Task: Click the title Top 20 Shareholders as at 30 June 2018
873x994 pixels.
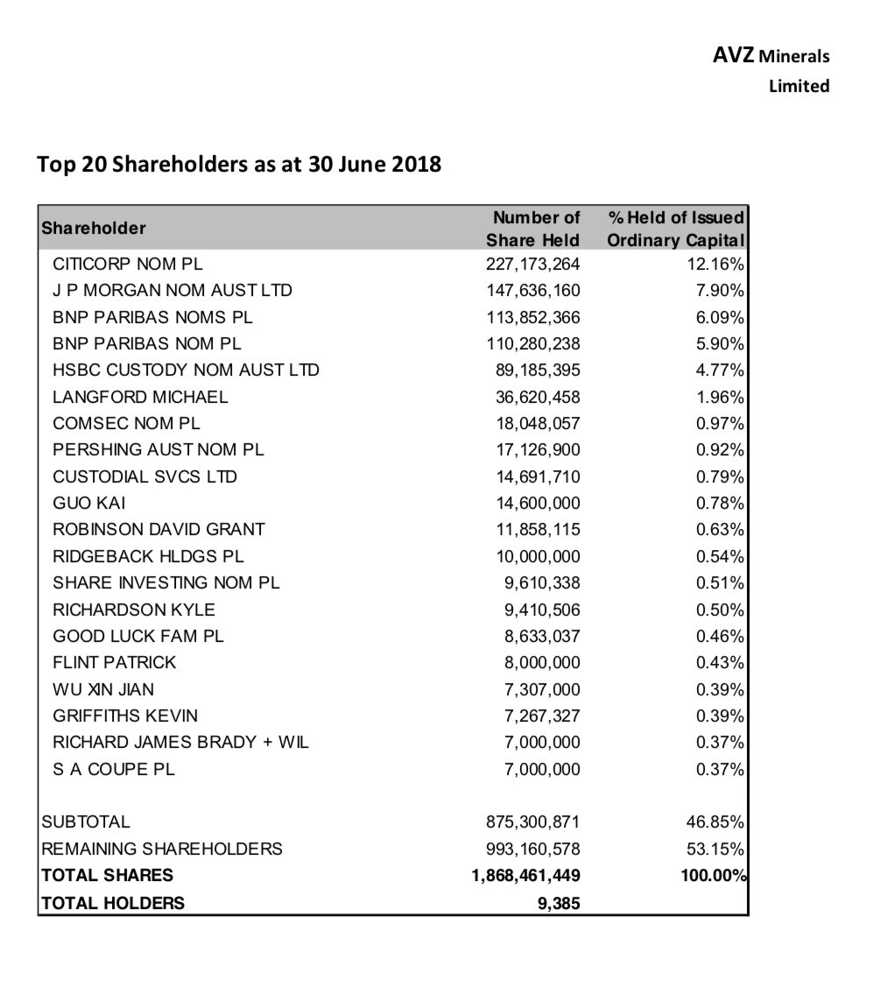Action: tap(239, 165)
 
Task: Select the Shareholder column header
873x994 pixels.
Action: tap(94, 228)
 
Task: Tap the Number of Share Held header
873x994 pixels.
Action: tap(534, 229)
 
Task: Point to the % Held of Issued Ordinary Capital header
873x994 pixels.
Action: tap(675, 229)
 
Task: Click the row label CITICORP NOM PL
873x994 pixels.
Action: tap(128, 263)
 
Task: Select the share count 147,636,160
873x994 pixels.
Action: tap(533, 290)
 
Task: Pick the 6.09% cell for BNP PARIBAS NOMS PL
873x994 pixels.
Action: tap(720, 316)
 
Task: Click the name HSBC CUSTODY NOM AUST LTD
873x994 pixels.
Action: tap(186, 370)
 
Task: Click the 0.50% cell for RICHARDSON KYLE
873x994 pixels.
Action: tap(720, 610)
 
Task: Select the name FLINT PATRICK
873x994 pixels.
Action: tap(114, 662)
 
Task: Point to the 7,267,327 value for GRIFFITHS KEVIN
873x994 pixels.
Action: tap(542, 716)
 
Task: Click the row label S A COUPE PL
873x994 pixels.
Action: tap(114, 769)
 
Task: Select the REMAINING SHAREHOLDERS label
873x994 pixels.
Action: tap(162, 848)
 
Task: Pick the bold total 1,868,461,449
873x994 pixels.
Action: tap(525, 875)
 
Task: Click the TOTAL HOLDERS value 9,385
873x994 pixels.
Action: tap(558, 902)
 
